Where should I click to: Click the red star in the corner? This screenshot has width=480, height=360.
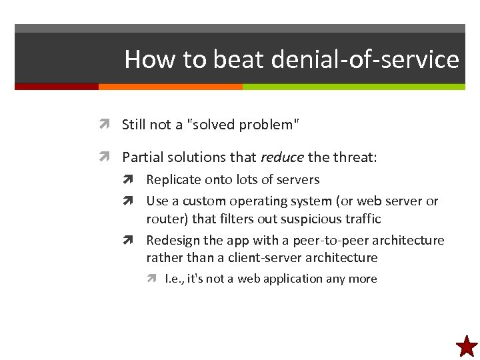tap(467, 346)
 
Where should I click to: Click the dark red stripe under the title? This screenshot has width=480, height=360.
tap(56, 87)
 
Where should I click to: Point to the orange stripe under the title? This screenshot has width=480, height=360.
tap(170, 87)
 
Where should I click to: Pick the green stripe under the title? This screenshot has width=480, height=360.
tap(353, 87)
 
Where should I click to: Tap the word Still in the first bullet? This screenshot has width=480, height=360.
tap(134, 124)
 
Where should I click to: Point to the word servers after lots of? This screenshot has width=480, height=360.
tap(298, 180)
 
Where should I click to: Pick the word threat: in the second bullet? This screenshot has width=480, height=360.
tap(355, 157)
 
